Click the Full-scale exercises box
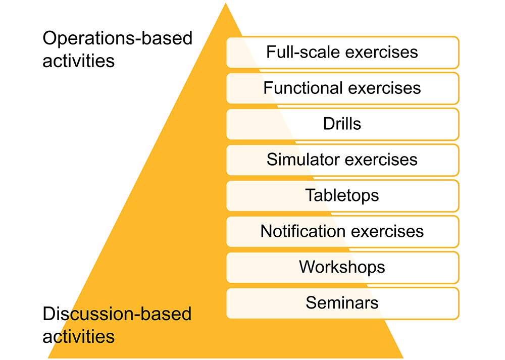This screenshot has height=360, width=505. tap(343, 52)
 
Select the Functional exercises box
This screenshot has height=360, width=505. tap(343, 88)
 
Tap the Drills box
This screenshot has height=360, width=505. tap(343, 124)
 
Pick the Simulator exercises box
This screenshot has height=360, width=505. tap(343, 160)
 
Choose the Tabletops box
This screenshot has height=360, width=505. tap(343, 196)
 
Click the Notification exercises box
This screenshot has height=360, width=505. tap(343, 232)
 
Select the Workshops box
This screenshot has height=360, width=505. tap(343, 268)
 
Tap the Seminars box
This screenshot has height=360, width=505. tap(343, 303)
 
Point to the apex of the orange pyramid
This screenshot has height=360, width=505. tap(225, 3)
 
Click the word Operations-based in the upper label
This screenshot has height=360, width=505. tap(118, 38)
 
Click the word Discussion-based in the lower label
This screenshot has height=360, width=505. tap(117, 314)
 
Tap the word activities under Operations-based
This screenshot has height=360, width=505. tap(79, 61)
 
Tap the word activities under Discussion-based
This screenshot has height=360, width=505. tap(79, 336)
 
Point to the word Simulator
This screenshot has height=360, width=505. tap(303, 160)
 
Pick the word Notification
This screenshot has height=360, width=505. tap(302, 231)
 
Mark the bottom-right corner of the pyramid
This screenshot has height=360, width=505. tap(403, 358)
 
